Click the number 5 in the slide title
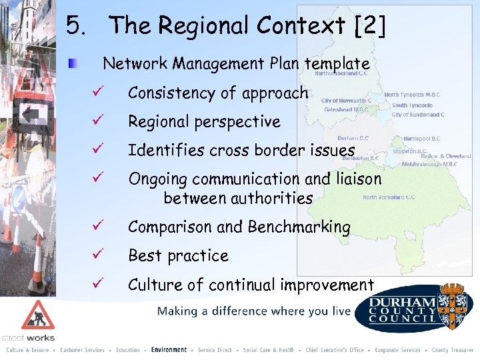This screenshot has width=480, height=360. (75, 26)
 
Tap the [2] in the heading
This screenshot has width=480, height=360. (370, 26)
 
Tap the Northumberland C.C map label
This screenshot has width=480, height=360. (341, 74)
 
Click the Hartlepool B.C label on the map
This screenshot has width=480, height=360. (422, 138)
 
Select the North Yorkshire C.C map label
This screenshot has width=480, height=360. (389, 197)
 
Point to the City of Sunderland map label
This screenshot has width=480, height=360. (418, 115)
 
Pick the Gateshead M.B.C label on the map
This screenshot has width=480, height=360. (345, 109)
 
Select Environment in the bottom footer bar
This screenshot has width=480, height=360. (169, 350)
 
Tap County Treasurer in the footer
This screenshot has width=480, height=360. (453, 350)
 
